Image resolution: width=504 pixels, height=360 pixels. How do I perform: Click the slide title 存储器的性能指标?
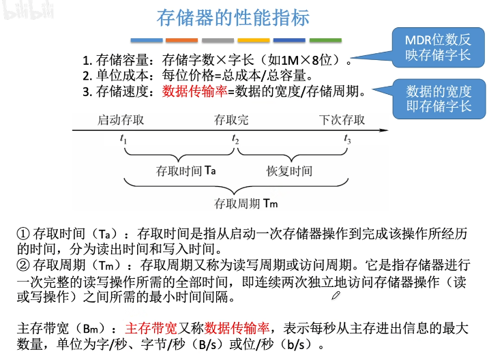pyautogui.click(x=233, y=17)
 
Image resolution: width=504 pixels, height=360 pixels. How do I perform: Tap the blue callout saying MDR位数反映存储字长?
pyautogui.click(x=437, y=47)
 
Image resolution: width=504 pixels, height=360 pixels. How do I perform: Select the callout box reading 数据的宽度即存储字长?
pyautogui.click(x=437, y=99)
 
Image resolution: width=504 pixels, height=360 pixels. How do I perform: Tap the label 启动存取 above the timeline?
pyautogui.click(x=121, y=121)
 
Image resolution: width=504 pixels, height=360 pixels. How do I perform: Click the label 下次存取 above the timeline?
pyautogui.click(x=342, y=121)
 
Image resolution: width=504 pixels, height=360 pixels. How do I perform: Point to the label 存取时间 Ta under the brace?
pyautogui.click(x=186, y=170)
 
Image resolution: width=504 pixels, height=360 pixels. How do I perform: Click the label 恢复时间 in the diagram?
pyautogui.click(x=289, y=170)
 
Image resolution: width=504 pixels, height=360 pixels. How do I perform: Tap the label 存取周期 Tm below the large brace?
pyautogui.click(x=246, y=203)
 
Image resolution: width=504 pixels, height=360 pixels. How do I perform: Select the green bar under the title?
pyautogui.click(x=326, y=40)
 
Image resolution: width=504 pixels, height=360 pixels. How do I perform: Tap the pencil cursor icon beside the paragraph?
pyautogui.click(x=335, y=295)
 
